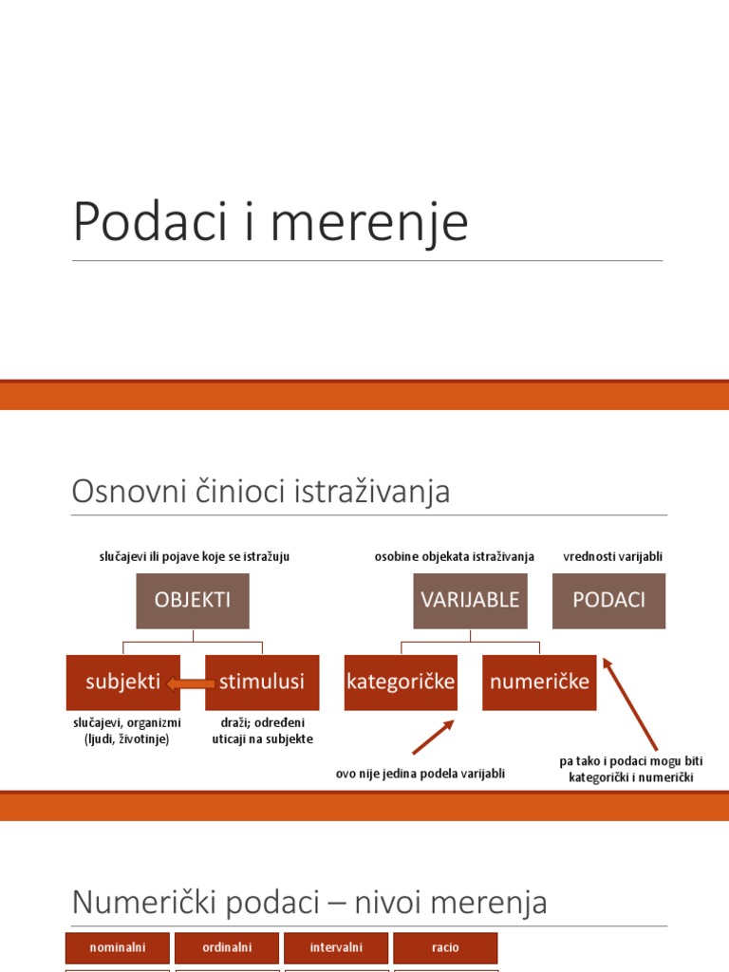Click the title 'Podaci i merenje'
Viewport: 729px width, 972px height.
[271, 222]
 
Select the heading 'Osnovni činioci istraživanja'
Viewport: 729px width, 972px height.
[261, 492]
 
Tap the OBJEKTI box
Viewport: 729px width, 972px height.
[193, 600]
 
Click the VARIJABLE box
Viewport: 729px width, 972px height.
[470, 600]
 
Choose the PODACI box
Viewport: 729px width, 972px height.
[608, 600]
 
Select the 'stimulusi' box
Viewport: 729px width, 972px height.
[262, 682]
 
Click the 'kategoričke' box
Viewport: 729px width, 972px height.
[401, 682]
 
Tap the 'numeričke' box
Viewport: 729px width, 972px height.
[539, 682]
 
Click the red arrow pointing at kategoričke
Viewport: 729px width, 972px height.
[434, 737]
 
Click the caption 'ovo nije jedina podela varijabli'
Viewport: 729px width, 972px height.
[421, 774]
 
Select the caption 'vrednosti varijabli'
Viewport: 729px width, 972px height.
[612, 556]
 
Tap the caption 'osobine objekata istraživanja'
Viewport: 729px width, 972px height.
[455, 556]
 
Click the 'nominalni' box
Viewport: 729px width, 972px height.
[117, 947]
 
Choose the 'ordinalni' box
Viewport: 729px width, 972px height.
[227, 947]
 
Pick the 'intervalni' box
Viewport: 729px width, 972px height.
[336, 947]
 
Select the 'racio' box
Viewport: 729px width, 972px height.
[445, 947]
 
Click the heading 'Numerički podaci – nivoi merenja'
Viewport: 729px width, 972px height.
[309, 902]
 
